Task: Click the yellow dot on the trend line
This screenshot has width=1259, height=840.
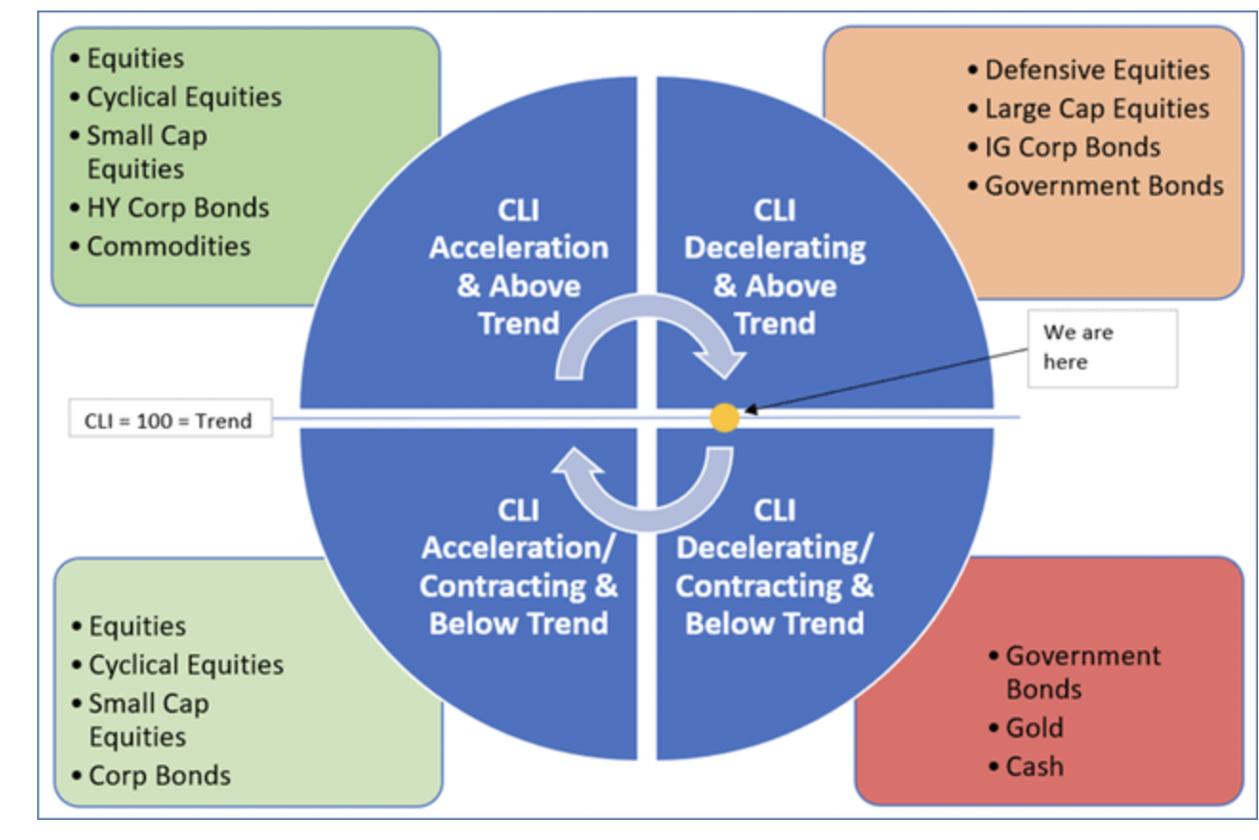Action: tap(724, 417)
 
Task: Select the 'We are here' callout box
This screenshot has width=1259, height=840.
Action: tap(1101, 347)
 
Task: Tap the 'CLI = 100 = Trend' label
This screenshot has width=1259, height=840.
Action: tap(170, 420)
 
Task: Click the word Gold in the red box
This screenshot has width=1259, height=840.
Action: tap(1034, 727)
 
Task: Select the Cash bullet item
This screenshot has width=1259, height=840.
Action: tap(1034, 766)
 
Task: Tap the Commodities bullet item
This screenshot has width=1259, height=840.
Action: tap(169, 246)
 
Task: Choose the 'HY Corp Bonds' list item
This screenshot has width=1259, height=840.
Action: tap(177, 207)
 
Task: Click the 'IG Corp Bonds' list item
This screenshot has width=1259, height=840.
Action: tap(1072, 147)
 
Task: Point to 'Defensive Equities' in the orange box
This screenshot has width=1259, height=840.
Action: tap(1097, 70)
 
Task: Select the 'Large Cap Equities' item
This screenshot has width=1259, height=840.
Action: tap(1097, 109)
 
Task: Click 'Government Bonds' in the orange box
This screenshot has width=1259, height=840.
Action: tap(1104, 185)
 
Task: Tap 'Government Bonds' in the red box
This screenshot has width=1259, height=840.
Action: tap(1083, 672)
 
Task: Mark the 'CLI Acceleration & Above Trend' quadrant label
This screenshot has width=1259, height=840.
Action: tap(518, 266)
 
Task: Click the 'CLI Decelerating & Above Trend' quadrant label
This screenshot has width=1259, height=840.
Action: tap(774, 266)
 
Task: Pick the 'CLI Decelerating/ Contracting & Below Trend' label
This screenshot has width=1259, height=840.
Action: tap(774, 567)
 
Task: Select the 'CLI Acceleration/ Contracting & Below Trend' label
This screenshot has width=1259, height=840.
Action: tap(518, 567)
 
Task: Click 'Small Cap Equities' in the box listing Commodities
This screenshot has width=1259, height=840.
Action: tap(147, 152)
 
